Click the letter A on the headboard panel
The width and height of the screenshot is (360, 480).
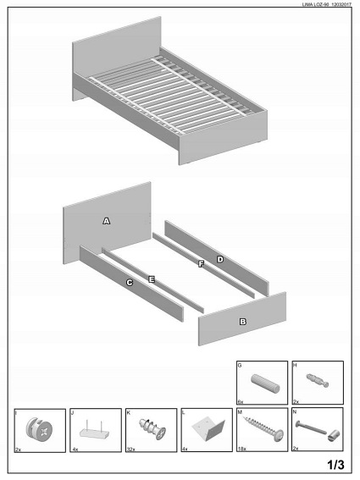[x=107, y=221]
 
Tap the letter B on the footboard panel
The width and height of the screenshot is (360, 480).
[x=242, y=322]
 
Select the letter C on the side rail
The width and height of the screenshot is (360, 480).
[x=130, y=283]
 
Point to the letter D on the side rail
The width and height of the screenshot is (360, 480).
[x=220, y=259]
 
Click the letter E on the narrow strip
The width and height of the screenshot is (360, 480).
[x=152, y=279]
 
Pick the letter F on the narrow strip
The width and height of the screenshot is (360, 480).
[x=201, y=264]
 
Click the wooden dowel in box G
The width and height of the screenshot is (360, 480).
[x=265, y=383]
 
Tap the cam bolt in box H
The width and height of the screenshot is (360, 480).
[x=318, y=380]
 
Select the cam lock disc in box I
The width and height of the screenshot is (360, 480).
[x=39, y=428]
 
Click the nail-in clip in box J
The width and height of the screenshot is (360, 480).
[x=94, y=431]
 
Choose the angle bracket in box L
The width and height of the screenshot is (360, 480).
[x=208, y=428]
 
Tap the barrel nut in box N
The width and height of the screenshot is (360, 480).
[x=334, y=435]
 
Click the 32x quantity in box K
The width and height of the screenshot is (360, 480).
[x=130, y=450]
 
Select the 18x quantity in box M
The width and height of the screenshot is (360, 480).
[x=241, y=449]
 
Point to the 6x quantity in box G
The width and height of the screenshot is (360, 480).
[x=241, y=401]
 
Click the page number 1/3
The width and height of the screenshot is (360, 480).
[x=335, y=465]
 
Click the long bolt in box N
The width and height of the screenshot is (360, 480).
[x=311, y=428]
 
